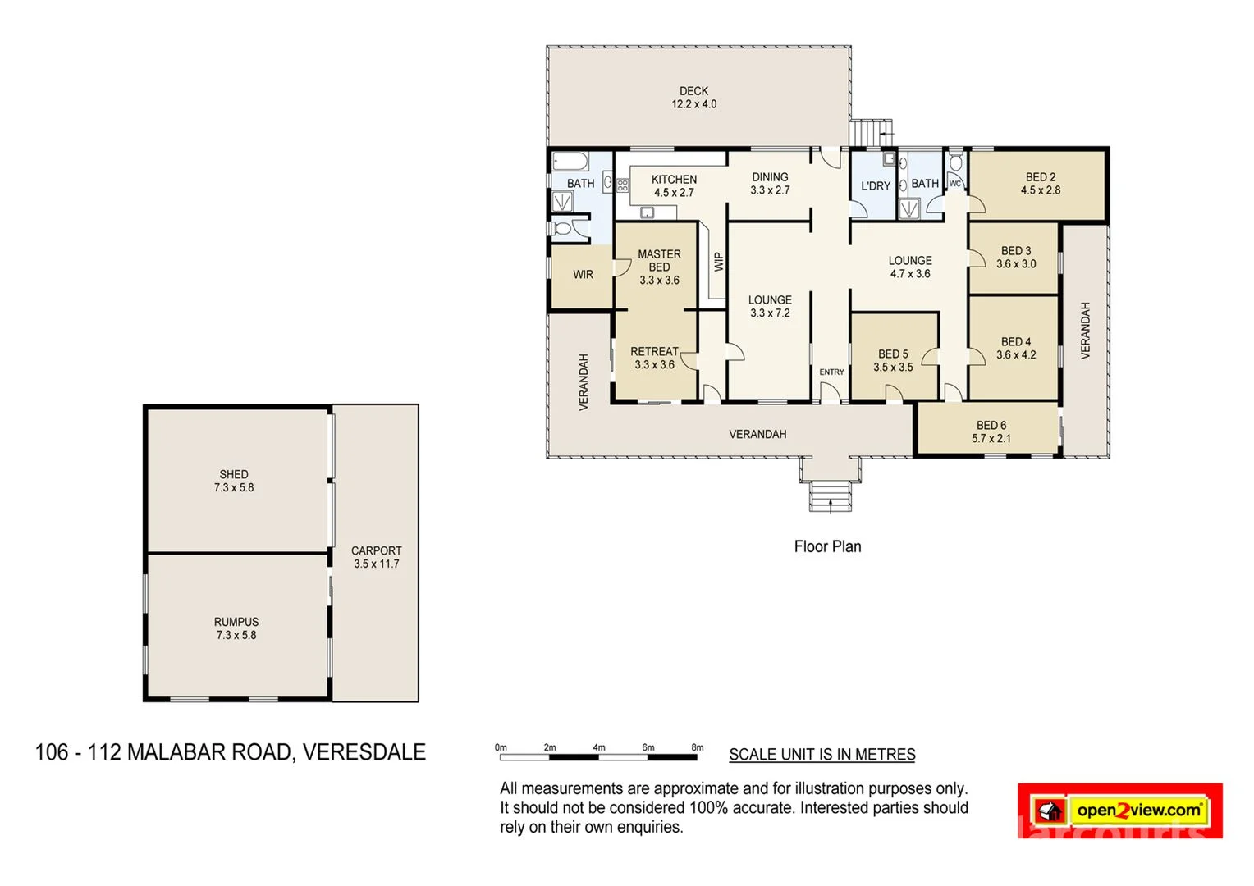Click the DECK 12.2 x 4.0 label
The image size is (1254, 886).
(693, 98)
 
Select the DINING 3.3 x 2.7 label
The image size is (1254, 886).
(770, 183)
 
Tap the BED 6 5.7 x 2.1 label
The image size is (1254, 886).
(991, 432)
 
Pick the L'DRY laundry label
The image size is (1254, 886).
(875, 186)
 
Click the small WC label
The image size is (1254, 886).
(954, 184)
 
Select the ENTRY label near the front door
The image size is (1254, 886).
(831, 372)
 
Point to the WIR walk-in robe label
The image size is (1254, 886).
(583, 275)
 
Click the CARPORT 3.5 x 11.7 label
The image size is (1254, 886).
(377, 557)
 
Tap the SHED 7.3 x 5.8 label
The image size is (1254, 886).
(234, 481)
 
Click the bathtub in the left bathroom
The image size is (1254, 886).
(569, 160)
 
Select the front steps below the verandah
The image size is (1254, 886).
(831, 496)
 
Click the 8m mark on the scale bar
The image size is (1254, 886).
(697, 747)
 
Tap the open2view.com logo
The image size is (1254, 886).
(1138, 811)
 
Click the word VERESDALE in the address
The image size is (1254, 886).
(364, 752)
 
